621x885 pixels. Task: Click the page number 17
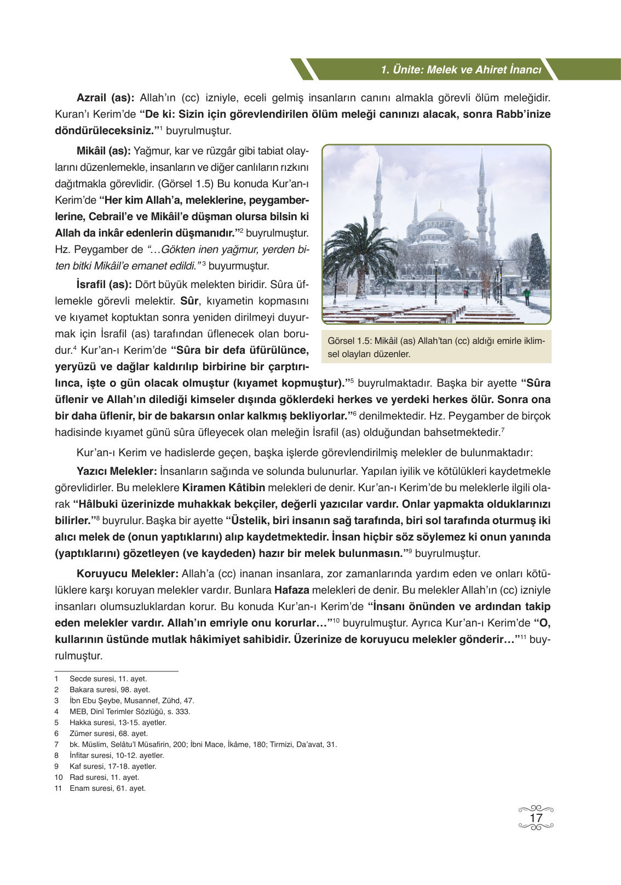coord(536,818)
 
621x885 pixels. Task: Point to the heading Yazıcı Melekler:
coord(117,471)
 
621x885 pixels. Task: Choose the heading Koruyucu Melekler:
coord(128,573)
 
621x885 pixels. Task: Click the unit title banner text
coord(461,70)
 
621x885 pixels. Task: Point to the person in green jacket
coord(527,295)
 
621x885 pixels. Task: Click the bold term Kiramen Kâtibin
coord(223,487)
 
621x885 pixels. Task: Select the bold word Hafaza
coord(291,590)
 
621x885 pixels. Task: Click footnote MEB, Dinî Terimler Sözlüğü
coord(130,711)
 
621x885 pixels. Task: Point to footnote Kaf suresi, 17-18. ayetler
coord(113,766)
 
